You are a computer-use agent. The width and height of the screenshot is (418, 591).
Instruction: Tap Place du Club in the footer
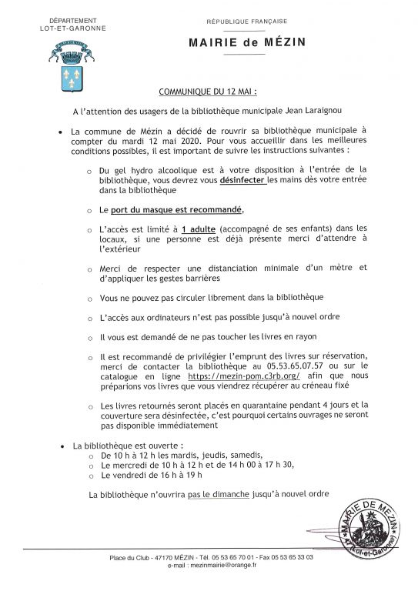coord(129,556)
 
